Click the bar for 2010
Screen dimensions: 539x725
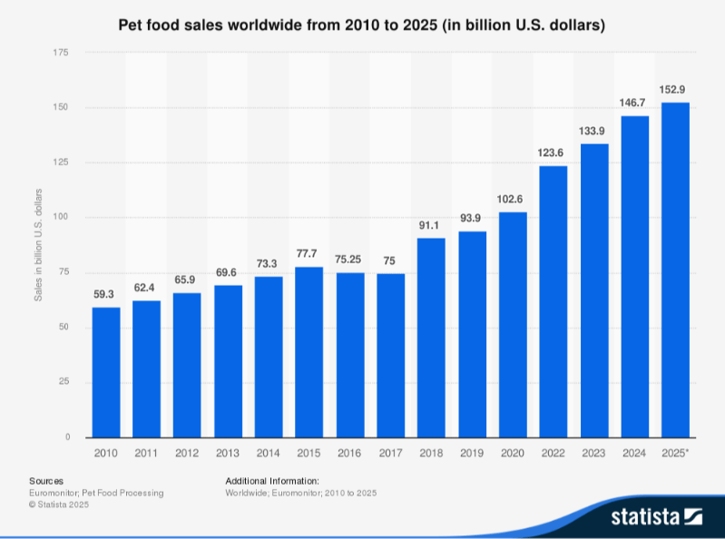pyautogui.click(x=106, y=372)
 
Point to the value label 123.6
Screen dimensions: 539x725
pyautogui.click(x=554, y=152)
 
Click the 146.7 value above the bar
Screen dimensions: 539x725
pyautogui.click(x=634, y=102)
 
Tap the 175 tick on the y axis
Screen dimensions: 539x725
pyautogui.click(x=62, y=53)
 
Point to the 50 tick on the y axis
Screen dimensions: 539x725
pyautogui.click(x=64, y=328)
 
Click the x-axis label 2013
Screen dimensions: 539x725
pyautogui.click(x=228, y=451)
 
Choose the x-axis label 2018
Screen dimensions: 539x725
pyautogui.click(x=431, y=451)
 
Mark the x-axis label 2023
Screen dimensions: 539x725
pyautogui.click(x=594, y=451)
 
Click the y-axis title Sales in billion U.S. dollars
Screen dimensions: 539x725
pyautogui.click(x=38, y=244)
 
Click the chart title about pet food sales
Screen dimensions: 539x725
pyautogui.click(x=362, y=24)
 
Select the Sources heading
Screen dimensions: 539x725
pyautogui.click(x=46, y=480)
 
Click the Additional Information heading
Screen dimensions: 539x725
pyautogui.click(x=271, y=480)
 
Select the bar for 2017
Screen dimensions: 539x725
pyautogui.click(x=391, y=355)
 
